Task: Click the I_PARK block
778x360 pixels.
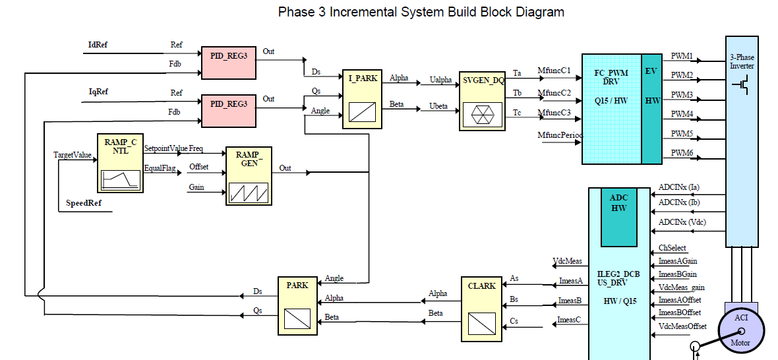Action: (362, 99)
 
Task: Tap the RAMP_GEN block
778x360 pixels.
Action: (249, 175)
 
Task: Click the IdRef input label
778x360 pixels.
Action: (98, 45)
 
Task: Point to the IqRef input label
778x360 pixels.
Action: (98, 92)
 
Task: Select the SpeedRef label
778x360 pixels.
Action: (84, 202)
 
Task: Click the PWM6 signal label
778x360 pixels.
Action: (682, 153)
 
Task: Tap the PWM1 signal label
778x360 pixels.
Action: (682, 57)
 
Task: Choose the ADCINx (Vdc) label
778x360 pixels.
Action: (682, 223)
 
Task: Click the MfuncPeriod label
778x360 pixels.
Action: (560, 135)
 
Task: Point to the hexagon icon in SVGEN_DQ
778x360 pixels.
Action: (482, 114)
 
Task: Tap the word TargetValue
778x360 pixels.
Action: (73, 155)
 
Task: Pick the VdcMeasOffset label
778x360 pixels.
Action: (682, 326)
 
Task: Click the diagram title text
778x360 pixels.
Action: (421, 12)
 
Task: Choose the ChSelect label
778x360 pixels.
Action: (672, 249)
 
